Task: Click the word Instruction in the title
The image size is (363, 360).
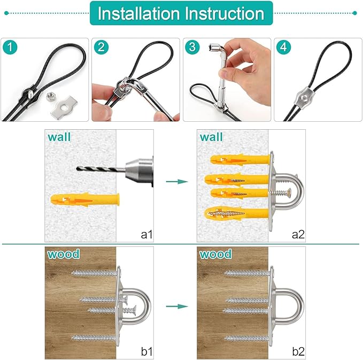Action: click(225, 13)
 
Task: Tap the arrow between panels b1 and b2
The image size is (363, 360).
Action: click(176, 306)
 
